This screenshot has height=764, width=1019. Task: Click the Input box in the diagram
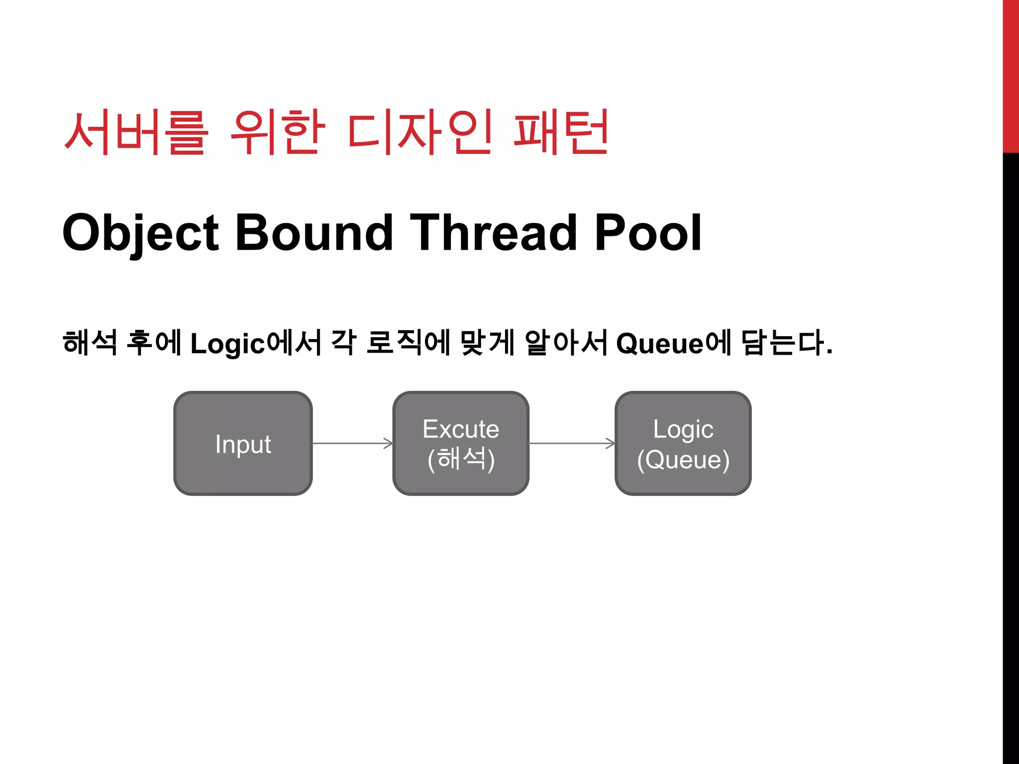[x=243, y=443]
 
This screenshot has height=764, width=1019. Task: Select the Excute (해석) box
[x=461, y=443]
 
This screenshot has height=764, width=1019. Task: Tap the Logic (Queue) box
[x=683, y=443]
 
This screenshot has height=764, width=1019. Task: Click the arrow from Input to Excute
[x=352, y=443]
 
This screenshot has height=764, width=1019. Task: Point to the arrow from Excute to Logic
[x=572, y=443]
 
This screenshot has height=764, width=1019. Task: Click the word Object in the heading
[x=140, y=233]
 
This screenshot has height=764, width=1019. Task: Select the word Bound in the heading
[x=314, y=233]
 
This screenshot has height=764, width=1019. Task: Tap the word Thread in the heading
[x=493, y=233]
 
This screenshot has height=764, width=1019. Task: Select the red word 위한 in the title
[x=278, y=132]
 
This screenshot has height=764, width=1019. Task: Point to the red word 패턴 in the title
[x=561, y=132]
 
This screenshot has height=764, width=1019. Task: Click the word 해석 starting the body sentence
[x=90, y=343]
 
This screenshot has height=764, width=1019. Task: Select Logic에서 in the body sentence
[x=256, y=343]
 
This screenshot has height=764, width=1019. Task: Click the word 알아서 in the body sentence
[x=566, y=343]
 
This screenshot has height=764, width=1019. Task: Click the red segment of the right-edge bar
[x=1011, y=75]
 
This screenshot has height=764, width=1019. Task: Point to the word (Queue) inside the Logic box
[x=683, y=460]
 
